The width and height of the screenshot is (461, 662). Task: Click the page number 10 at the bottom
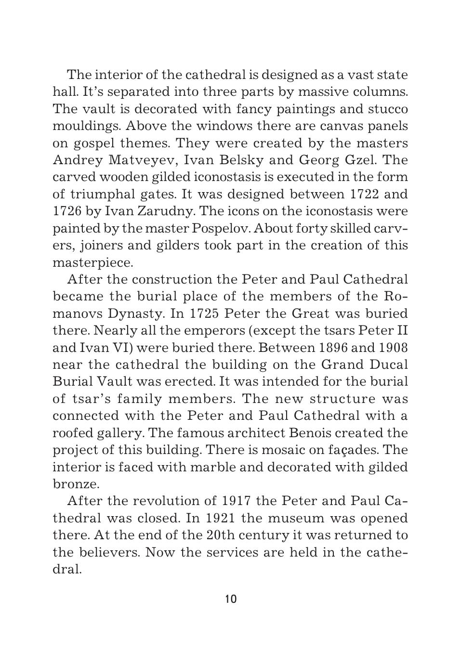click(231, 599)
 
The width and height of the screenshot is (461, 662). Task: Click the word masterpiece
click(92, 263)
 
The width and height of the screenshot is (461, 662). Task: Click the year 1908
click(393, 348)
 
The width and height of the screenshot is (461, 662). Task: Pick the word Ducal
click(388, 365)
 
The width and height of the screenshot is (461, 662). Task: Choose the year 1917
click(236, 501)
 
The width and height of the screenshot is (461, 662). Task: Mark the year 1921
click(220, 519)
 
